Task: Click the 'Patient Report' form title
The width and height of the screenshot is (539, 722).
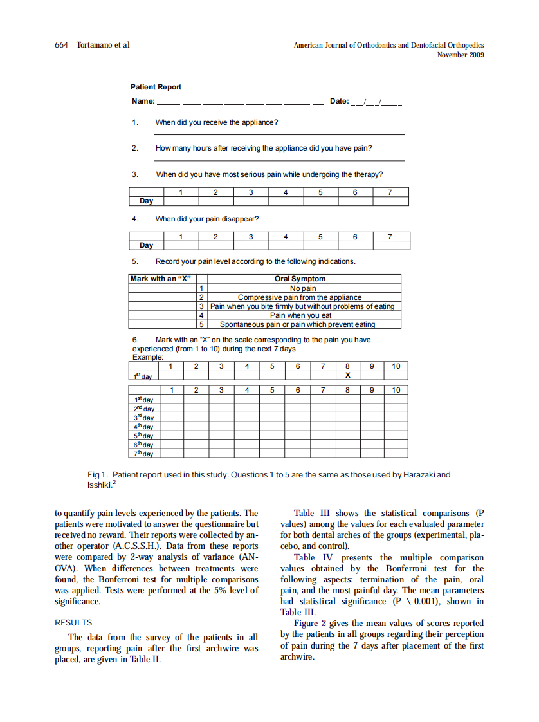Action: (x=156, y=87)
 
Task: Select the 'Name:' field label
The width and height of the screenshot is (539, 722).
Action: (x=143, y=101)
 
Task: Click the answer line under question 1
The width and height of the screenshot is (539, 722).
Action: (x=279, y=134)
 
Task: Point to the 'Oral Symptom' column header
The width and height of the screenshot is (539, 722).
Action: (x=300, y=279)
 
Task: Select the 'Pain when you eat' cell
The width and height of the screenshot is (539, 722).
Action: (x=300, y=315)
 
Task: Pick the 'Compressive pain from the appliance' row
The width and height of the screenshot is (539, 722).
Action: (x=300, y=297)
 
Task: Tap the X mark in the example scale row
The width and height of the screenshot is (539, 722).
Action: (x=347, y=376)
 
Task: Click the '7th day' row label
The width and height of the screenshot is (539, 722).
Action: (x=143, y=454)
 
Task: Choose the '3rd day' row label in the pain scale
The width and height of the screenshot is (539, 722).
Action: (x=143, y=418)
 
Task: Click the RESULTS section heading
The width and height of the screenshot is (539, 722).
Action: (x=73, y=622)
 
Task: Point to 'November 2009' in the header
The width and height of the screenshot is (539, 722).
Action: (x=461, y=55)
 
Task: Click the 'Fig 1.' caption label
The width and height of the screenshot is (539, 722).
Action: (x=97, y=475)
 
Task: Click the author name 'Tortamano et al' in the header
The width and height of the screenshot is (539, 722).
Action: (x=103, y=45)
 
